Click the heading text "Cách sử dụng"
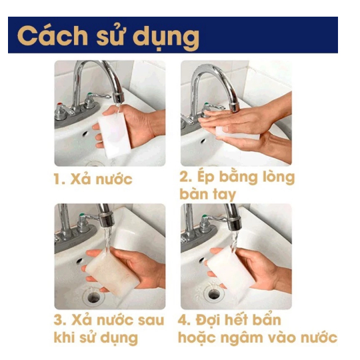[108, 36]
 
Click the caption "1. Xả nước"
[93, 179]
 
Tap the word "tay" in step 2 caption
[224, 195]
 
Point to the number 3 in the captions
[59, 320]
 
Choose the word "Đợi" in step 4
[209, 320]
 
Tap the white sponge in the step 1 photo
[114, 135]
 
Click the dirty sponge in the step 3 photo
[112, 273]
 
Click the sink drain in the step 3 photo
[94, 297]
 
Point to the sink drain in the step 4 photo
[214, 294]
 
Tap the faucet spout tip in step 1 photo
[118, 99]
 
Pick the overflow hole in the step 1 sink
[85, 133]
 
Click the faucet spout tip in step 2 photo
[235, 107]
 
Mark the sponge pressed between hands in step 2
[237, 133]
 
